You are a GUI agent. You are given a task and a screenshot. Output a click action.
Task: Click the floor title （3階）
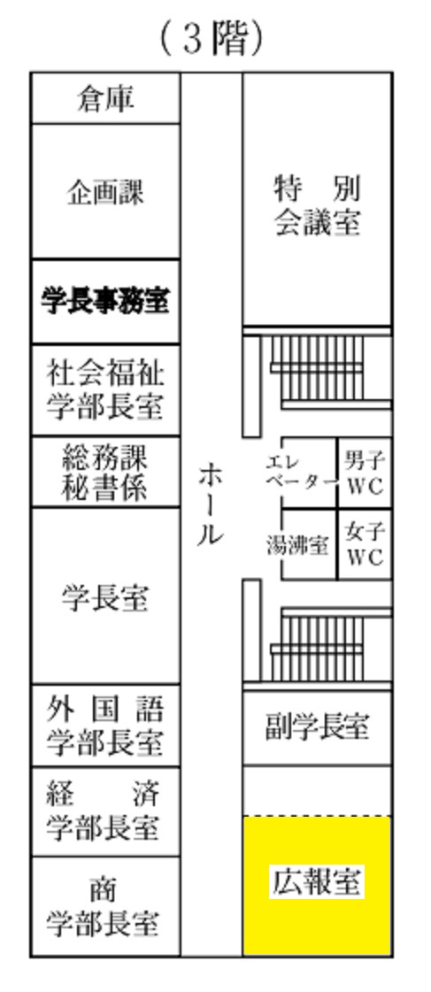212,39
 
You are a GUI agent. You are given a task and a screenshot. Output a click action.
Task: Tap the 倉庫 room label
105,99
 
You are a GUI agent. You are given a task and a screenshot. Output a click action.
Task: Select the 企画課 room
105,192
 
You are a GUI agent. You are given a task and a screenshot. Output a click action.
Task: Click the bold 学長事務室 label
105,301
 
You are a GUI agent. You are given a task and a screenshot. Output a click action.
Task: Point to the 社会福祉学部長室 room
105,390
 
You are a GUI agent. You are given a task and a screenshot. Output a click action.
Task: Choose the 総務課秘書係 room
105,472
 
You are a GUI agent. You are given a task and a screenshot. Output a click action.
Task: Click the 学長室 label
105,597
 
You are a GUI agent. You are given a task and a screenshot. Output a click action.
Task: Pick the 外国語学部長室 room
105,726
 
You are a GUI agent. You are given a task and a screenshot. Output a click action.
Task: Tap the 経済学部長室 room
105,812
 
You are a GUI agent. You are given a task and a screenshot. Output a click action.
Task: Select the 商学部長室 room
105,906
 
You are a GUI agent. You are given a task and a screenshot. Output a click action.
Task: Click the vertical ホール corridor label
211,504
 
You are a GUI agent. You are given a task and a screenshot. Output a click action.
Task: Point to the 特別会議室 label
317,206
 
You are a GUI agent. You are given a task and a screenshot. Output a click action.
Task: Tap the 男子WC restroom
366,473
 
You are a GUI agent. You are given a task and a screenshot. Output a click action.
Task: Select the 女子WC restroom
366,544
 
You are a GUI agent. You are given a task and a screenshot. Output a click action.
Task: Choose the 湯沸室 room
309,544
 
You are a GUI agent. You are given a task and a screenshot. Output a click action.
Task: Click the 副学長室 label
317,727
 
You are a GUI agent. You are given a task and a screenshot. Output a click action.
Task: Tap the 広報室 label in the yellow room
317,882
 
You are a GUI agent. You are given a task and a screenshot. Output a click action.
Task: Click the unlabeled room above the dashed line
317,790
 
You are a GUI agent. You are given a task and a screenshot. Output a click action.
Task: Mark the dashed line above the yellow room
317,816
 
